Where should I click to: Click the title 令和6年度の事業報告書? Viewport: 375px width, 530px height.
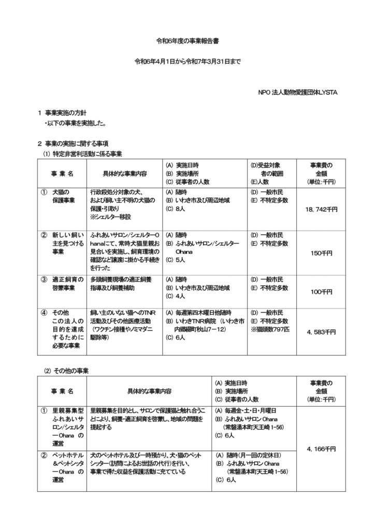187,39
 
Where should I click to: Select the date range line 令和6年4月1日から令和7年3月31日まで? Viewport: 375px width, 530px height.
187,62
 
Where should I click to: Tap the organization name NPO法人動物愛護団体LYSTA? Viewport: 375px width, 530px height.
298,93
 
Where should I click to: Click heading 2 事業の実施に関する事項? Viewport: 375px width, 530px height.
76,143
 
